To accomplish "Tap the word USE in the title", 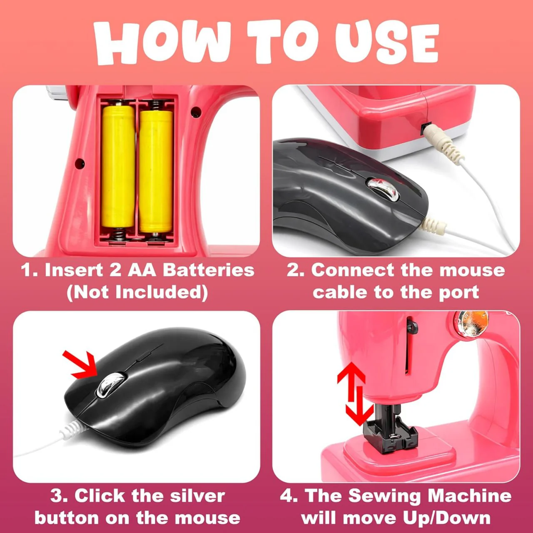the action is [x=387, y=42].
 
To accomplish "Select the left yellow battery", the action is [x=118, y=167].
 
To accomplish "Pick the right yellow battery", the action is [x=156, y=172].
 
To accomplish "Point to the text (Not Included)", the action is [x=137, y=293].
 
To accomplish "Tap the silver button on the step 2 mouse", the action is [x=383, y=189].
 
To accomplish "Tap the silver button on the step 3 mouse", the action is [x=111, y=385].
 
